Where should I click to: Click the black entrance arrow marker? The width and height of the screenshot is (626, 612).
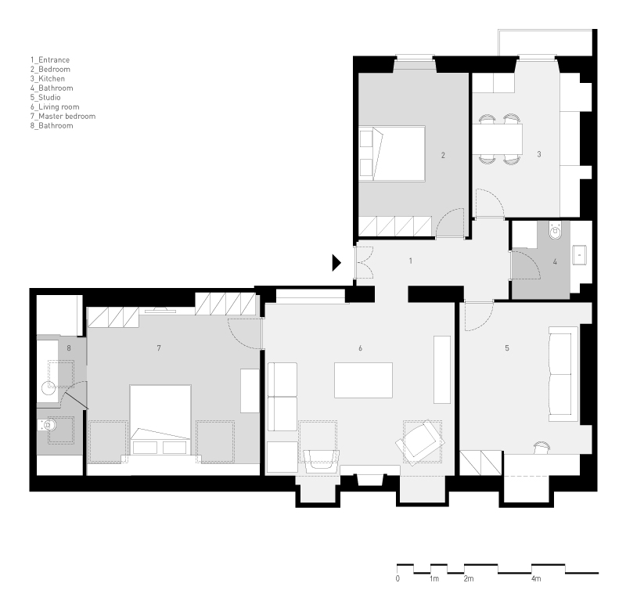coord(336,263)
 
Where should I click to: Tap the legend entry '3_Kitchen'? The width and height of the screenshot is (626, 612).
coord(48,78)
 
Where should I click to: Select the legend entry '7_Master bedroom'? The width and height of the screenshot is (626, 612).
coord(63,116)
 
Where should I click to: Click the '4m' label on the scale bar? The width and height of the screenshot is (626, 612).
coord(536,578)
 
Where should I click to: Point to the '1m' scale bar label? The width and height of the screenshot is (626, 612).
coord(434,578)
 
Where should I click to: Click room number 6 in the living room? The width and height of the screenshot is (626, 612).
coord(360,348)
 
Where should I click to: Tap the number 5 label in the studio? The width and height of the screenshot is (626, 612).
coord(507,348)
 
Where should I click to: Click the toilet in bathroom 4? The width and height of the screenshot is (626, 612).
coord(555,230)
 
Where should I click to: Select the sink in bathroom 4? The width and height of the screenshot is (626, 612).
coord(579,255)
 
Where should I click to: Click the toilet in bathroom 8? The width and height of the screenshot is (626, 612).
coord(48,426)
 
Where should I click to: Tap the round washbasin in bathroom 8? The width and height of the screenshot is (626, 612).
coord(49,387)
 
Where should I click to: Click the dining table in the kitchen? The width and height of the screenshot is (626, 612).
coord(498,139)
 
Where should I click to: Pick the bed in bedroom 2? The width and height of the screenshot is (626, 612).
coord(392,154)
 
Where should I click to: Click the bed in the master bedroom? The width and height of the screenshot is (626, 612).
coord(160,420)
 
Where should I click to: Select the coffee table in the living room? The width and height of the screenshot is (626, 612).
coord(363,380)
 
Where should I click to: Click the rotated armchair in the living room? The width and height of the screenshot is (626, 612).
coord(420,442)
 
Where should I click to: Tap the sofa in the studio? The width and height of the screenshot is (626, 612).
coord(563,374)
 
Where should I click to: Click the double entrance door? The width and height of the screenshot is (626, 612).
coord(364,262)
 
